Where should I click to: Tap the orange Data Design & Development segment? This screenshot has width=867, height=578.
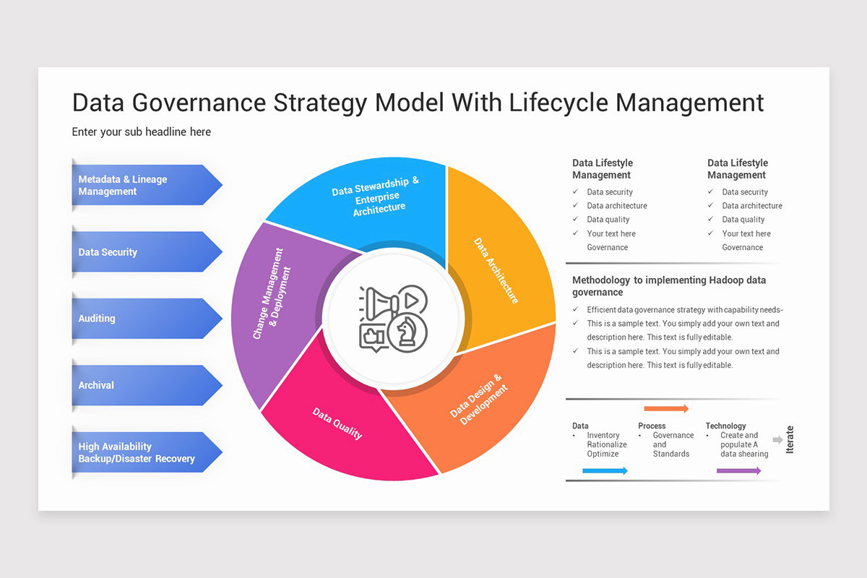click(x=484, y=405)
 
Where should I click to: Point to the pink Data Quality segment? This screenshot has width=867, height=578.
click(x=340, y=426)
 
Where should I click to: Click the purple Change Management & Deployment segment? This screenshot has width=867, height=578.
click(x=275, y=296)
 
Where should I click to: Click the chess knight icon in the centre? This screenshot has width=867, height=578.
click(x=407, y=335)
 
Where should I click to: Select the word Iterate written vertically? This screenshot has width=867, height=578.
click(x=790, y=439)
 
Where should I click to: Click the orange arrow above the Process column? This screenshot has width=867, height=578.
click(x=666, y=409)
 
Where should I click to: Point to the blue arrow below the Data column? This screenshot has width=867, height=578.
click(x=605, y=471)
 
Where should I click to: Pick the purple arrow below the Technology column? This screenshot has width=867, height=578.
click(x=738, y=471)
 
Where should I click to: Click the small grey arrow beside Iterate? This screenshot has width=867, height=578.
click(x=777, y=439)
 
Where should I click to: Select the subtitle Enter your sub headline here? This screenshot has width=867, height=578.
click(x=142, y=131)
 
